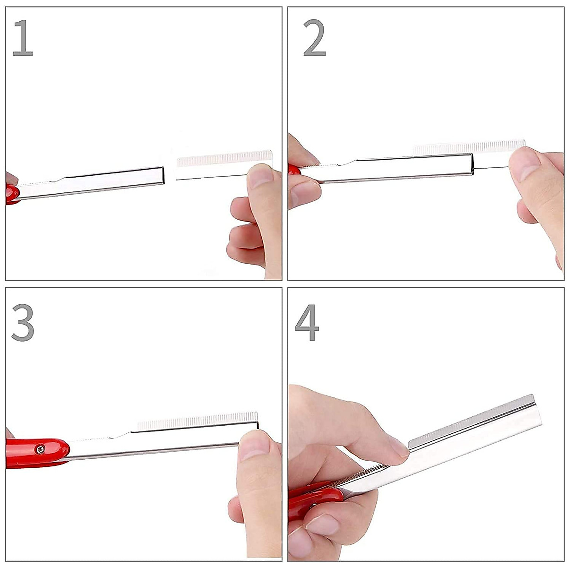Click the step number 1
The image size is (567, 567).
[x=22, y=39]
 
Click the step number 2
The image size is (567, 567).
[x=314, y=39]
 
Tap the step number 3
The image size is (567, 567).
[x=23, y=323]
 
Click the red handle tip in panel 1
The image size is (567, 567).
[x=11, y=194]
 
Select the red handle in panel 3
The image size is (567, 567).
[x=35, y=453]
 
